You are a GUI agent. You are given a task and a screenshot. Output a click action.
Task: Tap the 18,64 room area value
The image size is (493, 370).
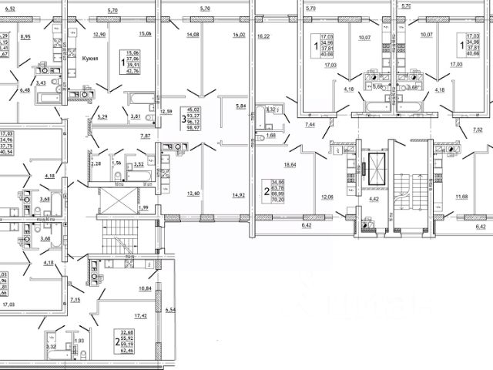tap(291, 166)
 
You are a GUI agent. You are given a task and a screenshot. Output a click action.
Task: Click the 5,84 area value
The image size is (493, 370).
tap(241, 106)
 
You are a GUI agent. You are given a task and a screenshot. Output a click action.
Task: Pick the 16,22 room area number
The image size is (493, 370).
tap(263, 35)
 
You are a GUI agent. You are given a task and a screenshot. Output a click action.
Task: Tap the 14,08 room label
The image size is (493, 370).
tap(193, 35)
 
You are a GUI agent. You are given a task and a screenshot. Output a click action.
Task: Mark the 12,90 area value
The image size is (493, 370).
tap(99, 35)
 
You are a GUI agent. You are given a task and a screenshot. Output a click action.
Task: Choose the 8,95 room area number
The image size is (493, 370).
tap(25, 36)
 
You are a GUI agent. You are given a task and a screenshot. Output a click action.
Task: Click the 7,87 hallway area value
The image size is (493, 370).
tap(144, 136)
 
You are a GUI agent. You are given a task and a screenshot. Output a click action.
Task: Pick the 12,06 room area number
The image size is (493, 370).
tap(327, 197)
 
